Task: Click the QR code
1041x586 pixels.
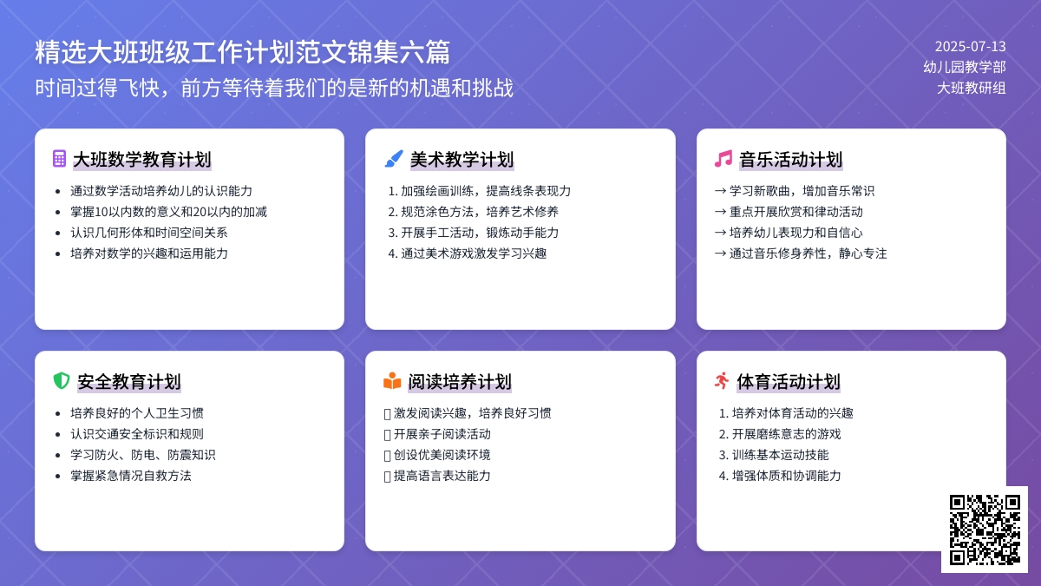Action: click(x=984, y=529)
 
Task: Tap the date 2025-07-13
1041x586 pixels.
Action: click(x=970, y=47)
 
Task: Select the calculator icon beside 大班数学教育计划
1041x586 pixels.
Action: click(x=59, y=159)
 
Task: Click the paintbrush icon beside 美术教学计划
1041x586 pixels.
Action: click(x=394, y=159)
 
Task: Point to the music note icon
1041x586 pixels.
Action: click(x=723, y=159)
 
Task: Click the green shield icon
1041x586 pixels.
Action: click(x=61, y=381)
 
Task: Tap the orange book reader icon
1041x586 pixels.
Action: click(x=392, y=381)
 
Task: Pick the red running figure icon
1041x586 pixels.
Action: click(x=722, y=381)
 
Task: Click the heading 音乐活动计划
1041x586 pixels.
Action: click(x=790, y=160)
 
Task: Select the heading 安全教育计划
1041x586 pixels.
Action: click(x=128, y=382)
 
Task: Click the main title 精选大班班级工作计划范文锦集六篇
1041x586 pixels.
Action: click(x=242, y=52)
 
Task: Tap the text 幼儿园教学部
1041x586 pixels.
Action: click(x=965, y=67)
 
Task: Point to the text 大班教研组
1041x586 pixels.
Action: click(x=972, y=87)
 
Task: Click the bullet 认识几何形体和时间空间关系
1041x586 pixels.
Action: click(x=148, y=233)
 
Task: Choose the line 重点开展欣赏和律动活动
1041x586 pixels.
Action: click(x=795, y=212)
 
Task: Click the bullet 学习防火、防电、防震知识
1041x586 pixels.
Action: click(x=142, y=455)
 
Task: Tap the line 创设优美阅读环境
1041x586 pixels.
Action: click(x=442, y=455)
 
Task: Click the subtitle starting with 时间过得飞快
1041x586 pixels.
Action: click(x=274, y=89)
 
